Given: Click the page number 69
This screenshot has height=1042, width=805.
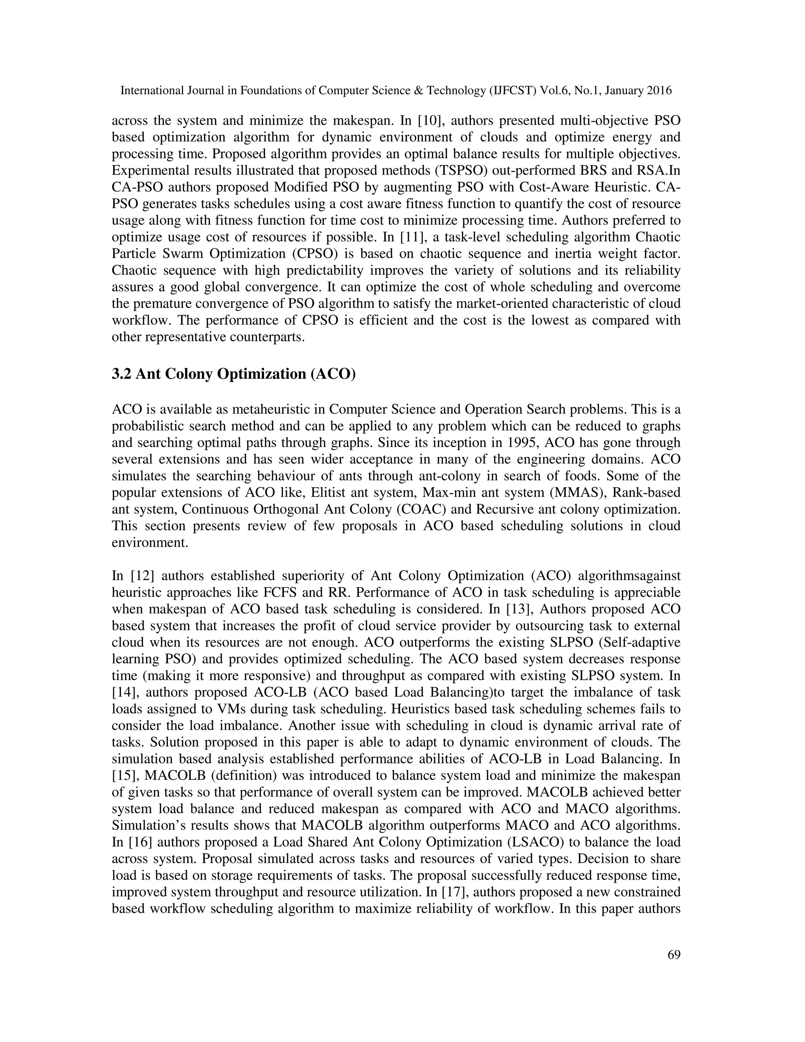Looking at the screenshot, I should click(674, 955).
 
